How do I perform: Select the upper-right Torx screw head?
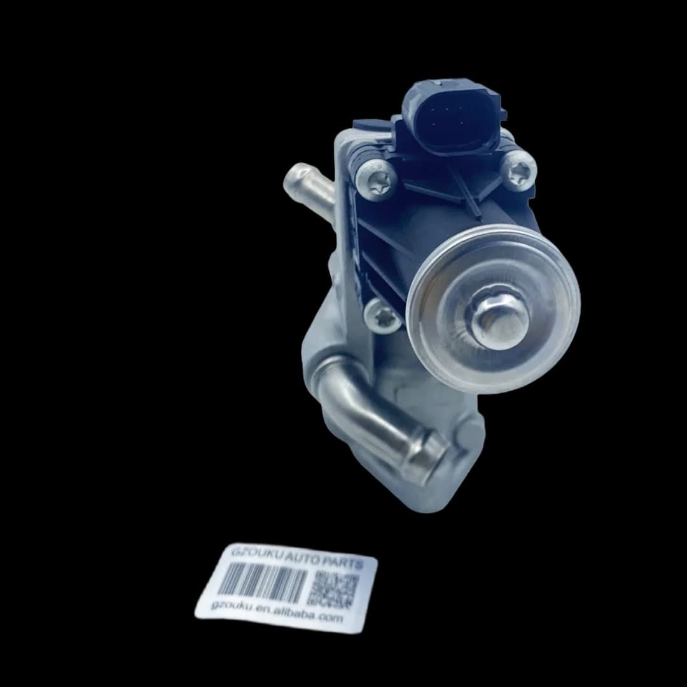point(519,169)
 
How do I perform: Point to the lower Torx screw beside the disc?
point(382,315)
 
